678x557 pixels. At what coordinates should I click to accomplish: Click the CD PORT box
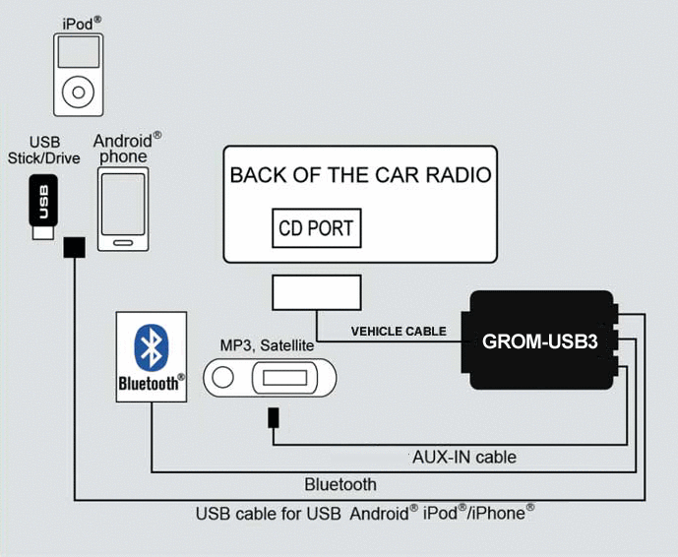tap(317, 228)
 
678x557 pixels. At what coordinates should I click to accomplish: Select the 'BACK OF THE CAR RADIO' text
tap(360, 176)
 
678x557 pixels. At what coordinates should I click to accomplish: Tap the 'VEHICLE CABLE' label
tap(399, 332)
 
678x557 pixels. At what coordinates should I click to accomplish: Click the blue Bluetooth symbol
tap(151, 345)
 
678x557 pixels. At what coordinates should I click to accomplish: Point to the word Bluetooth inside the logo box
tap(151, 383)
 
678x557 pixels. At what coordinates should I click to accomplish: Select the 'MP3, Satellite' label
tap(266, 345)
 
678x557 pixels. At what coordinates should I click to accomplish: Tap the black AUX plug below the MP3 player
tap(273, 417)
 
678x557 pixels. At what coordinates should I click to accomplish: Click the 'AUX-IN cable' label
tap(463, 457)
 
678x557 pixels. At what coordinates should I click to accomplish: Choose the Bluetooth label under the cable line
tap(340, 483)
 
